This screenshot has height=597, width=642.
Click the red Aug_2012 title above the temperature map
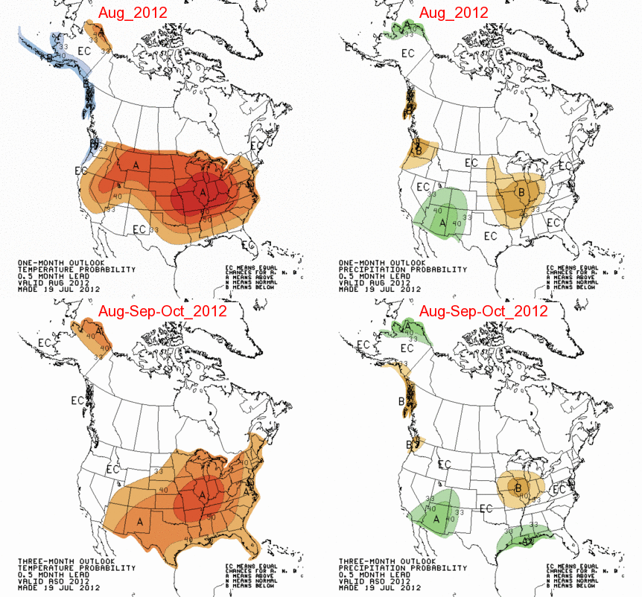[x=133, y=13]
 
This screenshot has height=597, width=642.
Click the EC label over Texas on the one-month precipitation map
[x=490, y=236]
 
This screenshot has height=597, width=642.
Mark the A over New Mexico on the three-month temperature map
[x=139, y=522]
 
